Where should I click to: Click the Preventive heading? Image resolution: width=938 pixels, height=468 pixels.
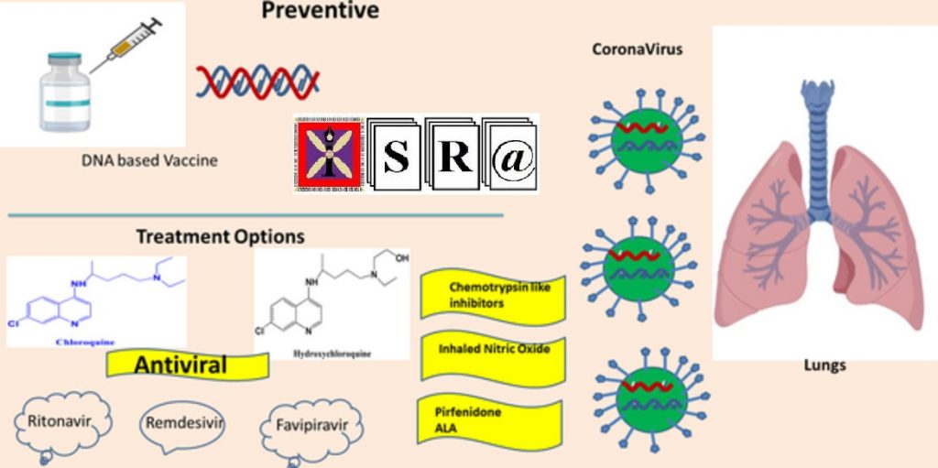point(320,11)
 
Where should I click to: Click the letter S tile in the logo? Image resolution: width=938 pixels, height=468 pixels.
point(395,157)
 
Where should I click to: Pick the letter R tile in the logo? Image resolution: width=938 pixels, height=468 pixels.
point(453,157)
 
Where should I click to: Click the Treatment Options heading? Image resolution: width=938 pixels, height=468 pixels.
point(220,236)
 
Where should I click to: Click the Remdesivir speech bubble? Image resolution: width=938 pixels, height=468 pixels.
point(185,423)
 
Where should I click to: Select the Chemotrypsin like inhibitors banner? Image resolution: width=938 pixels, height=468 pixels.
point(492,295)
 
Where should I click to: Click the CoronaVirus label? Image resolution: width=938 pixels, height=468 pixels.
point(638,49)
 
